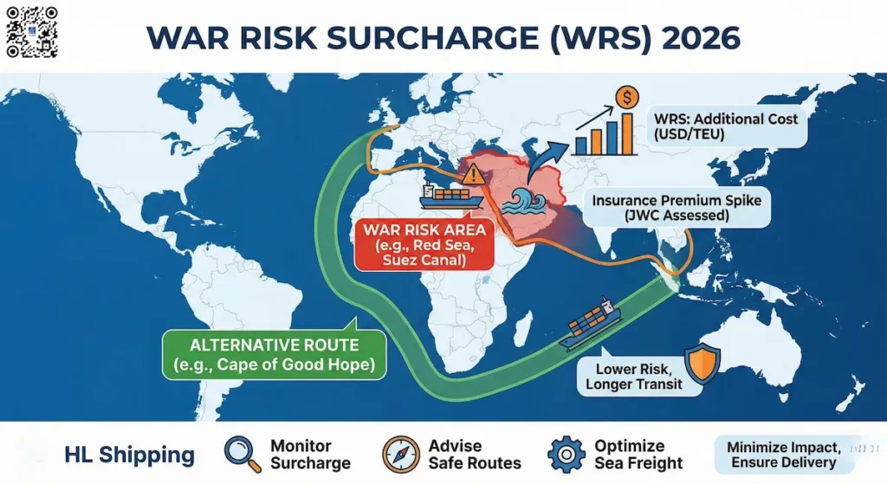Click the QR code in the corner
(31, 31)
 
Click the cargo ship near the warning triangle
(452, 197)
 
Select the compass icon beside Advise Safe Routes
(400, 454)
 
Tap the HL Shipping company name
(130, 455)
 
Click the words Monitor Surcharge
(310, 454)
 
